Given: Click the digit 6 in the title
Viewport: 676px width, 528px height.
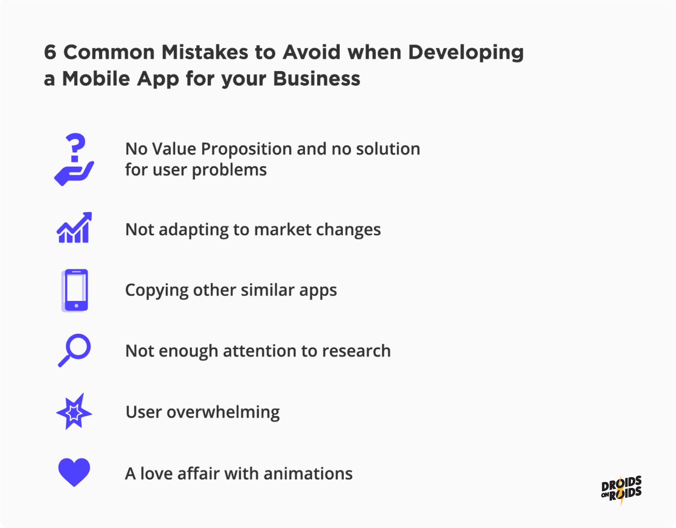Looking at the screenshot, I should pos(50,52).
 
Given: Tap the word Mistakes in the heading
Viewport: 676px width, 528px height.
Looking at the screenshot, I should pos(205,52).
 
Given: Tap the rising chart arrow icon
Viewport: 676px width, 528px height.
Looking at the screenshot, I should pos(74,228).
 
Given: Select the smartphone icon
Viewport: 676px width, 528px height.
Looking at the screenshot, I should pos(75,290).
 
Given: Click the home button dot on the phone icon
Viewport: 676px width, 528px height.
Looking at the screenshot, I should pos(76,306).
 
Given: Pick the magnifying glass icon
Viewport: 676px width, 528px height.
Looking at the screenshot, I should pos(74,350).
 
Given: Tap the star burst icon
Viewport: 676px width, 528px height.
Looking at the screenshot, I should pos(74,412).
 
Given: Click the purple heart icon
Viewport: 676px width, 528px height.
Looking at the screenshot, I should pos(74,472).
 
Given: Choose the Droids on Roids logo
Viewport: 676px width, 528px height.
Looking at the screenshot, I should pos(621,490).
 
